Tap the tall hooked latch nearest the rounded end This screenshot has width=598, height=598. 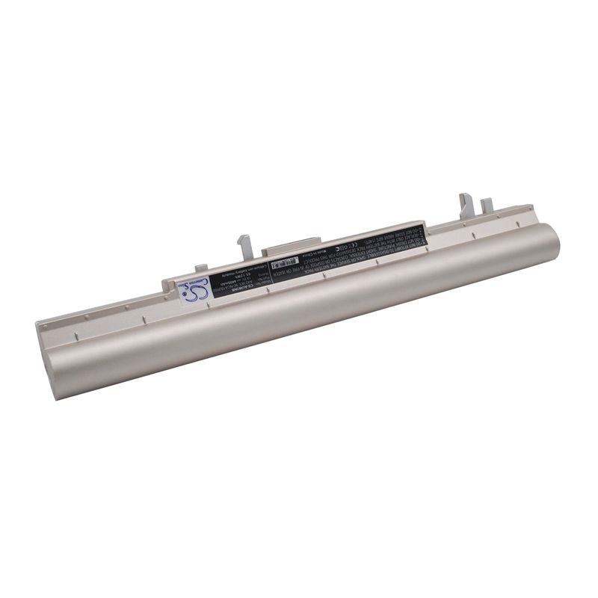(465, 203)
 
